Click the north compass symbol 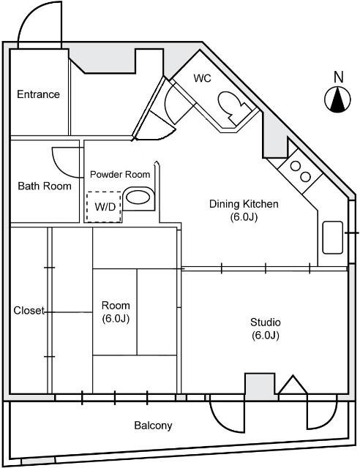[x=338, y=100]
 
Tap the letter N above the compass [x=338, y=77]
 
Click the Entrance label [x=38, y=94]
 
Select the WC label [x=202, y=78]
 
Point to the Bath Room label [x=45, y=186]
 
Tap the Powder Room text [x=120, y=174]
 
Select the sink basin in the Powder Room [x=138, y=197]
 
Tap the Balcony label [x=153, y=426]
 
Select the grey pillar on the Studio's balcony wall [x=258, y=386]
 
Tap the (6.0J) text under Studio [x=265, y=336]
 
